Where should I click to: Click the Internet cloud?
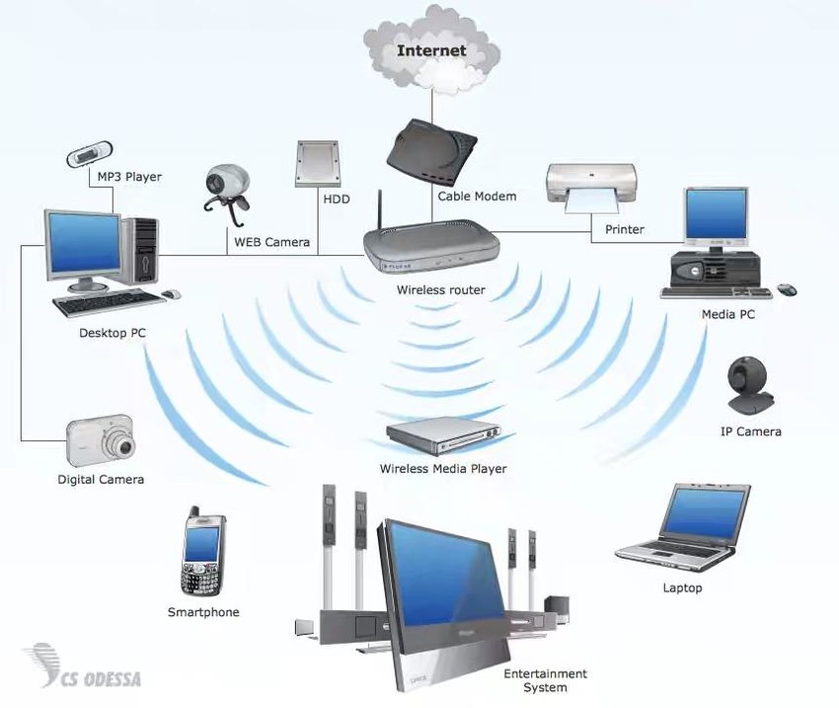(430, 48)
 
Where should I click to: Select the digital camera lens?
(122, 444)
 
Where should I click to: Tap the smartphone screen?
(201, 544)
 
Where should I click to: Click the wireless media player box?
(444, 433)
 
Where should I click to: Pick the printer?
(590, 187)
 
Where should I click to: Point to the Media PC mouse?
(787, 289)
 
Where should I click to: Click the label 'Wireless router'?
(440, 290)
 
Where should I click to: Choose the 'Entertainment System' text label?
(545, 680)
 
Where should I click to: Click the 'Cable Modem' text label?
(477, 197)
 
